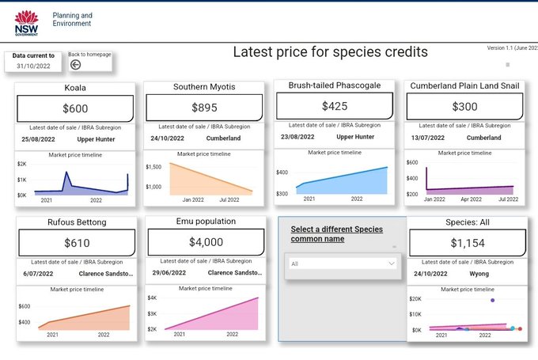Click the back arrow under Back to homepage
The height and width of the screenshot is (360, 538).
pyautogui.click(x=75, y=65)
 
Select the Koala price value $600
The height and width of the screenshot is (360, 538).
pyautogui.click(x=75, y=108)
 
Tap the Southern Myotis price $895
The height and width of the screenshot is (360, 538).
pyautogui.click(x=204, y=108)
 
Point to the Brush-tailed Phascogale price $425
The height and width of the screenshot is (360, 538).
pyautogui.click(x=334, y=105)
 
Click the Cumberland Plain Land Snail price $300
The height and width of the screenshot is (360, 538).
pyautogui.click(x=464, y=106)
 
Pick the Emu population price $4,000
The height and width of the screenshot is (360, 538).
pyautogui.click(x=204, y=242)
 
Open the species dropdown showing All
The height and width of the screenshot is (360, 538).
pyautogui.click(x=343, y=264)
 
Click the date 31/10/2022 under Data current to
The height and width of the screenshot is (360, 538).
pyautogui.click(x=34, y=66)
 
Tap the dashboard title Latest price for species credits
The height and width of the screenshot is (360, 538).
pyautogui.click(x=330, y=52)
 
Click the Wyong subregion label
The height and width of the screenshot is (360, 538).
pyautogui.click(x=479, y=274)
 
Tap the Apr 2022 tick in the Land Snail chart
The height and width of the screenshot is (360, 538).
pyautogui.click(x=472, y=199)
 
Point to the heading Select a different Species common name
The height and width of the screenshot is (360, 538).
pyautogui.click(x=336, y=233)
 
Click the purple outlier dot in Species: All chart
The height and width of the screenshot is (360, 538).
pyautogui.click(x=493, y=301)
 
